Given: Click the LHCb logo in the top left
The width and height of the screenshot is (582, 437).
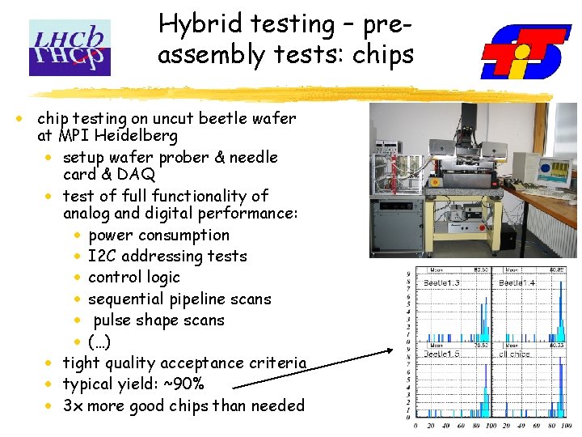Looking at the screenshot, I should coord(70,48).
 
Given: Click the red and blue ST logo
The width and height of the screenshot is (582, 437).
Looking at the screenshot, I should coord(525,52).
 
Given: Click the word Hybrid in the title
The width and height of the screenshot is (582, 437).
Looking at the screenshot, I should coord(192,23).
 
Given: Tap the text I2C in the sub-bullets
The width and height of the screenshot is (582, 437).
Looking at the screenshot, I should coord(103,257).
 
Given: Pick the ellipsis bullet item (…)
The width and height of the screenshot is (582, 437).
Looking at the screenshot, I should coord(99,342).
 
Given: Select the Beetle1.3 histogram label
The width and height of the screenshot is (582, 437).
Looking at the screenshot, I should coord(442,282).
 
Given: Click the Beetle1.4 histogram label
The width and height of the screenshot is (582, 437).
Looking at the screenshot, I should coord(517,282).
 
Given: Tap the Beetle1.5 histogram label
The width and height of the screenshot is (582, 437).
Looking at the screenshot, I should coord(442,354).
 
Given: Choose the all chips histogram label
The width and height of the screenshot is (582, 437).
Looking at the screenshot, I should coord(515,354).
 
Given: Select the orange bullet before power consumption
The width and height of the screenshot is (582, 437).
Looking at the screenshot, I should coord(76,235).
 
